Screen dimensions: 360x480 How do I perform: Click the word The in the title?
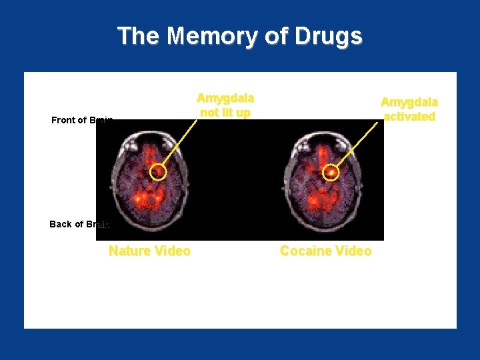[x=139, y=36]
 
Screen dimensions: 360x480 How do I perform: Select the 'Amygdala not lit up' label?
[x=225, y=105]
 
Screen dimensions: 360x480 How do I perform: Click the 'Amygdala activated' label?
[x=409, y=109]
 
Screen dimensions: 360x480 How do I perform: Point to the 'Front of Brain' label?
[x=82, y=120]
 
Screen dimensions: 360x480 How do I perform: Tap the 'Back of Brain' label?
[x=79, y=224]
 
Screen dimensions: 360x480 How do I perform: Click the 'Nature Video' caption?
[x=149, y=251]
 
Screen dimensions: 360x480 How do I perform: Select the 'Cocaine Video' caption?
[x=326, y=251]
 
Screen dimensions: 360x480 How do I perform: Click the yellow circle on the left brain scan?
[x=158, y=173]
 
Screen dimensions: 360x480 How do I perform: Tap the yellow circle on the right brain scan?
[x=331, y=173]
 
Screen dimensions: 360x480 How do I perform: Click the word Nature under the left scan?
[x=129, y=251]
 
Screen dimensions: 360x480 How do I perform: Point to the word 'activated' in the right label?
[x=409, y=116]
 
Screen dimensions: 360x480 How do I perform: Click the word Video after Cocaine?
[x=354, y=251]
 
